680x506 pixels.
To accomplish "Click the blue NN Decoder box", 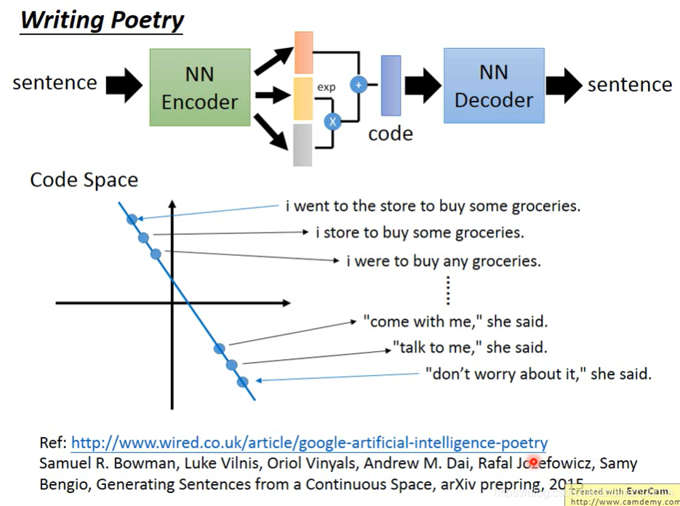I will [x=494, y=85].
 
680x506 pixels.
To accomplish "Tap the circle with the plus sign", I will [x=358, y=84].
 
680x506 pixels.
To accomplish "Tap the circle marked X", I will [x=332, y=121].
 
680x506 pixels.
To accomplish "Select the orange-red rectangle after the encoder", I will [x=303, y=52].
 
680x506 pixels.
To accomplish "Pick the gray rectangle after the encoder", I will [x=303, y=145].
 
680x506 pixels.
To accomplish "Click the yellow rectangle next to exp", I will [x=303, y=98].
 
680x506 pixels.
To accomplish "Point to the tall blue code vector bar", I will [x=391, y=85].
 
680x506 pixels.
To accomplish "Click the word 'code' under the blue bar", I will [x=391, y=134].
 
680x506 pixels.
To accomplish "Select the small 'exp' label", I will [x=326, y=87].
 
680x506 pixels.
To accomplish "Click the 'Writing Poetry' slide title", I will [x=102, y=20].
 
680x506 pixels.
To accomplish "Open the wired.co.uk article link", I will [x=309, y=443].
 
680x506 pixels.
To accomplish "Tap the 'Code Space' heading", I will [x=84, y=180].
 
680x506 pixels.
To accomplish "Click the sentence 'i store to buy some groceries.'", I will [x=420, y=233].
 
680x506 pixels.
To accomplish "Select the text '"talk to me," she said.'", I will [x=470, y=348].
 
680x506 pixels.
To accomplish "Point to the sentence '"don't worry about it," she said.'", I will [x=538, y=374].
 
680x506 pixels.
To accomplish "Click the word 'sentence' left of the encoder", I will [x=55, y=83].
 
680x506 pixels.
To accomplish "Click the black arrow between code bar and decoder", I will [x=423, y=85].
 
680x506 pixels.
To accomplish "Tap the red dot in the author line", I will [x=534, y=462].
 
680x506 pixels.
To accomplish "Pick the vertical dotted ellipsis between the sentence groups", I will [x=448, y=289].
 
